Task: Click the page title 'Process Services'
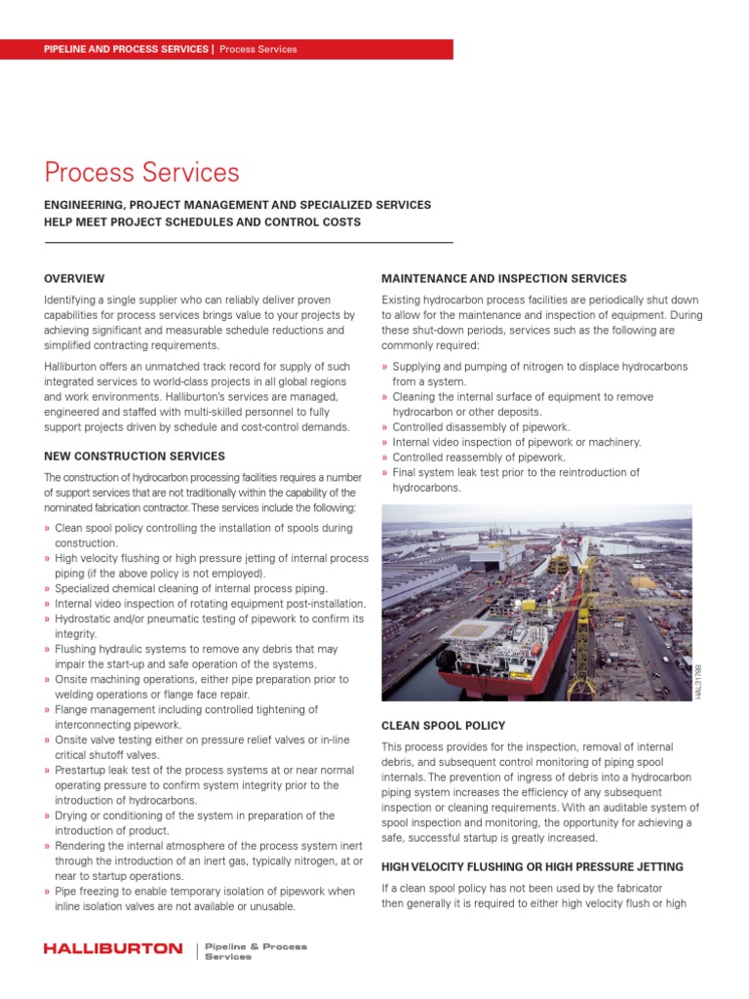pyautogui.click(x=141, y=173)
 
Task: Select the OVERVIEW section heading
pyautogui.click(x=74, y=279)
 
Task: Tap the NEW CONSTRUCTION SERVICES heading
pyautogui.click(x=135, y=456)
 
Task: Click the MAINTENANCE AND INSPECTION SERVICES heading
pyautogui.click(x=503, y=279)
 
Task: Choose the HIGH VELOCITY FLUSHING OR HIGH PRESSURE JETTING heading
pyautogui.click(x=532, y=867)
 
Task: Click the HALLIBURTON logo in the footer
pyautogui.click(x=113, y=948)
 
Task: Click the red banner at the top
pyautogui.click(x=226, y=49)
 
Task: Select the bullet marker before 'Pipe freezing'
pyautogui.click(x=47, y=891)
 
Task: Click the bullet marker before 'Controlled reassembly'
pyautogui.click(x=384, y=458)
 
